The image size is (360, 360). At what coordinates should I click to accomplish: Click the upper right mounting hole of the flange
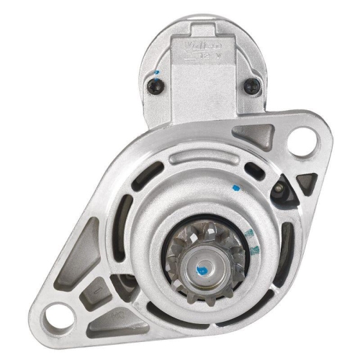(308, 139)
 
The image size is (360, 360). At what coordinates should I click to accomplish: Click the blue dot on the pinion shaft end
(204, 271)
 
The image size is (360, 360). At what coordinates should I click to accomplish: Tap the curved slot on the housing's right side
(287, 245)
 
